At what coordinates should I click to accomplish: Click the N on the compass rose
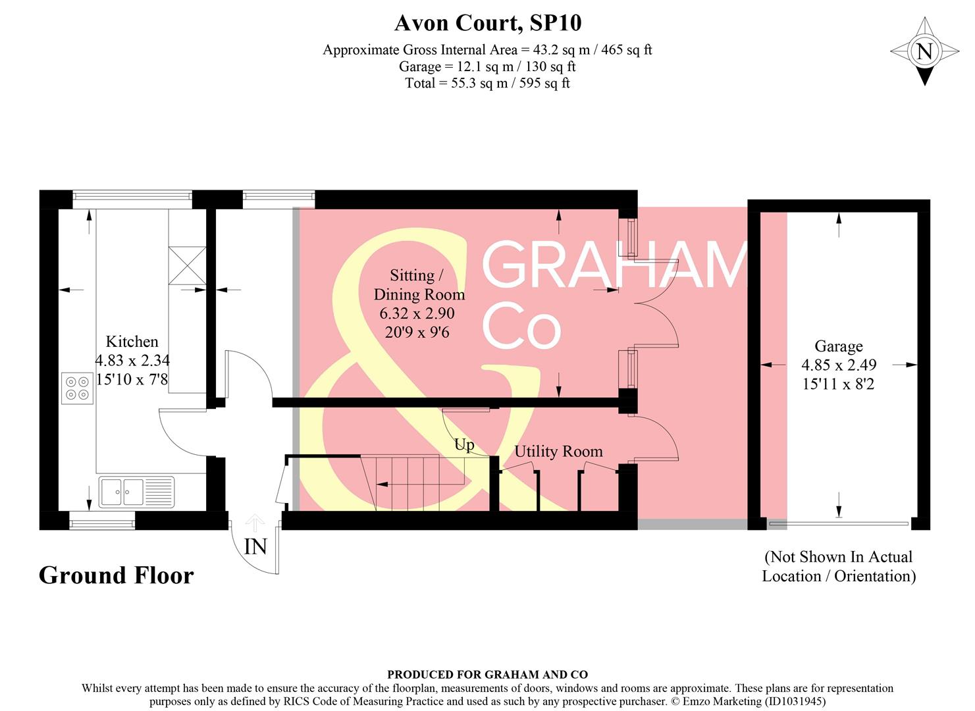click(924, 51)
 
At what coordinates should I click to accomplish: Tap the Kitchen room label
click(132, 342)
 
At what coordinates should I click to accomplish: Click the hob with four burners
click(78, 388)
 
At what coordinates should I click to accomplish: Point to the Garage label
click(838, 346)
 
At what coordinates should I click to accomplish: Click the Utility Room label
click(558, 452)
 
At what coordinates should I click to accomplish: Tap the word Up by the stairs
click(464, 445)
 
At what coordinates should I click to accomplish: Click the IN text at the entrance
click(255, 546)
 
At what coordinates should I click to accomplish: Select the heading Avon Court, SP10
click(487, 24)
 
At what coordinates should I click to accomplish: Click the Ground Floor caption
click(117, 575)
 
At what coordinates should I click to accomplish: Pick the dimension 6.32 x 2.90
click(417, 313)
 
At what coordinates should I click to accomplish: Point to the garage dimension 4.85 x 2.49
click(838, 365)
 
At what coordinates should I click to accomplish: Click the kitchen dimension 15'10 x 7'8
click(132, 379)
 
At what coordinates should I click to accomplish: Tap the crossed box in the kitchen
click(187, 265)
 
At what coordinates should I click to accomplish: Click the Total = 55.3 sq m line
click(487, 83)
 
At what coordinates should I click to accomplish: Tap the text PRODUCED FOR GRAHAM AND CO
click(487, 674)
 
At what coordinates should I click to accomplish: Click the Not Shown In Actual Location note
click(839, 566)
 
